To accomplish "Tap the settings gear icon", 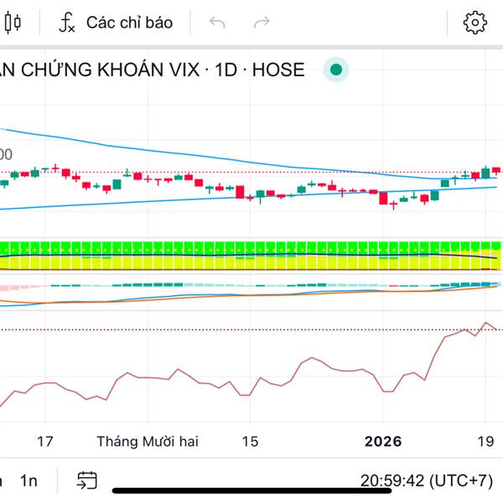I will (x=475, y=23).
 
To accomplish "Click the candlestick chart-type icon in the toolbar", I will (x=13, y=23).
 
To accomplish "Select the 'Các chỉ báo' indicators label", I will (x=129, y=23).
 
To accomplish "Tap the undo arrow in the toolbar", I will (x=218, y=23).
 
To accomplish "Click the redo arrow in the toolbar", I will (x=262, y=23).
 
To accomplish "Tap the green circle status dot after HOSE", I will (x=336, y=70).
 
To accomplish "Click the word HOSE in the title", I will (x=277, y=70).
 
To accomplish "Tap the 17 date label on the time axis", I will (x=45, y=442).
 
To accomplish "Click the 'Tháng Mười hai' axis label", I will (x=148, y=442).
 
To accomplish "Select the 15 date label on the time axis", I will (x=249, y=442).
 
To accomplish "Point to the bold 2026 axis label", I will (x=383, y=442).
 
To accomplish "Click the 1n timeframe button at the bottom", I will (x=29, y=480).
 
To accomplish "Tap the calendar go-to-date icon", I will (x=86, y=480).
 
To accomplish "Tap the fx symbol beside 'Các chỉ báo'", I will (x=67, y=23).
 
